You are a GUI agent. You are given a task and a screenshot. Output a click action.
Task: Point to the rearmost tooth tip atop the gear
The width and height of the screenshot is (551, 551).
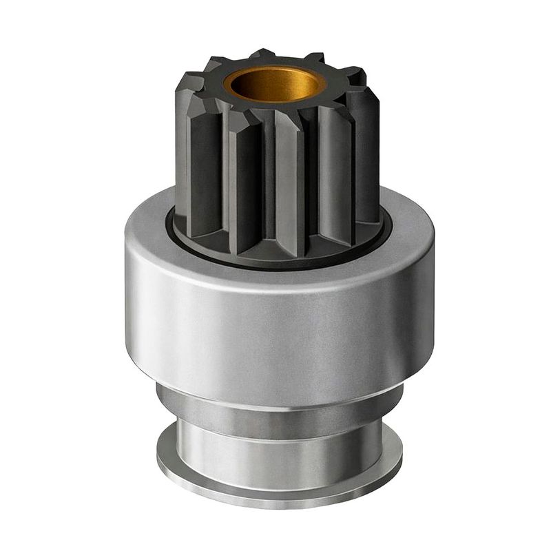(x=262, y=54)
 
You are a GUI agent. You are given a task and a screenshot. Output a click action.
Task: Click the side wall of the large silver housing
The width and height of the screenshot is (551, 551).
(x=275, y=331)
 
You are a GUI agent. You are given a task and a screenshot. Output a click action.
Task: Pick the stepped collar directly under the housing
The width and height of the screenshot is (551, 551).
(x=275, y=406)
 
